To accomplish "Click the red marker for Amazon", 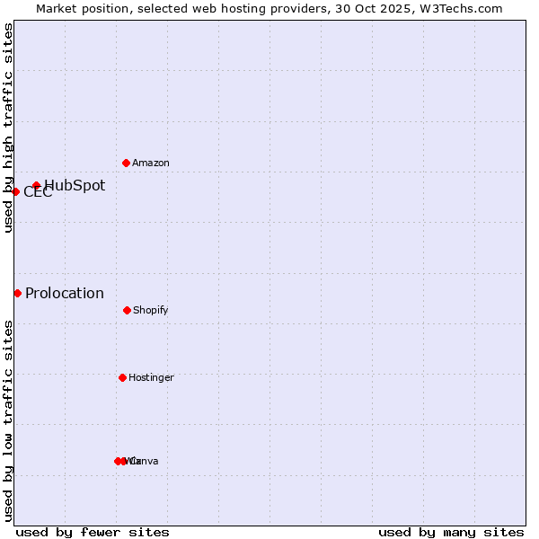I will click(x=127, y=163).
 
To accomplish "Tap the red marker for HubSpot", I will click(x=37, y=186).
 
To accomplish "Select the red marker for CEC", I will click(x=15, y=191).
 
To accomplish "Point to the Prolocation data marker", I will click(x=17, y=293).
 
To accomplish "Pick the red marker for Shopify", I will click(x=127, y=310).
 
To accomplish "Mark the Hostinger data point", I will click(x=122, y=377).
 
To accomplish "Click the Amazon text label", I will click(x=151, y=163).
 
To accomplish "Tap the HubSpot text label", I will click(x=75, y=186).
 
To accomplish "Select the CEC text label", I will click(x=38, y=192).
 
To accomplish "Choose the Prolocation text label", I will click(x=65, y=294).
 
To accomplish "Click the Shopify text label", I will click(x=150, y=311).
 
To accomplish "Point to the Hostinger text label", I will click(x=151, y=378).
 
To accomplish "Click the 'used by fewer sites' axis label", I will click(x=93, y=532).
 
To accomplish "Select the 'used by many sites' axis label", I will click(x=451, y=532).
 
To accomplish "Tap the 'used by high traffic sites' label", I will click(x=8, y=128).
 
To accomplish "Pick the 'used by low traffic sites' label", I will click(x=8, y=420).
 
